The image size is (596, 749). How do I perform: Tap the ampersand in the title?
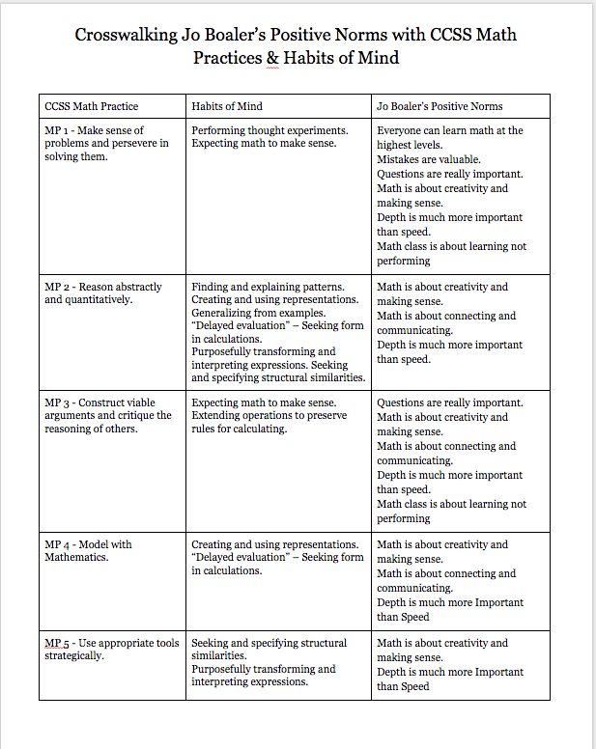point(271,57)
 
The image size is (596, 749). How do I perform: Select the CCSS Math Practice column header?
point(92,106)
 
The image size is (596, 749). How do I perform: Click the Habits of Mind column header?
point(227,106)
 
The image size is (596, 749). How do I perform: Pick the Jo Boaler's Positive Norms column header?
point(440,106)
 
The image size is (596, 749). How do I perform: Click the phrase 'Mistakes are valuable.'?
point(429,159)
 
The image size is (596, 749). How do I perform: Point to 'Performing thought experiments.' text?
point(270,130)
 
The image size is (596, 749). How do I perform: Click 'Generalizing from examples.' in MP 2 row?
point(259,316)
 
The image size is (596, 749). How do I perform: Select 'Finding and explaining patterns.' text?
point(268,287)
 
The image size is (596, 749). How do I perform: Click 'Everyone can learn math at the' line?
point(450,130)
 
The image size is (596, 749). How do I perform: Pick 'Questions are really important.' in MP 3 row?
point(450,402)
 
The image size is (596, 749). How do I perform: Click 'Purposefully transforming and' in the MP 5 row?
point(264,669)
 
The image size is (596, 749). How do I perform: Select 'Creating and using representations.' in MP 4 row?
point(275,544)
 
